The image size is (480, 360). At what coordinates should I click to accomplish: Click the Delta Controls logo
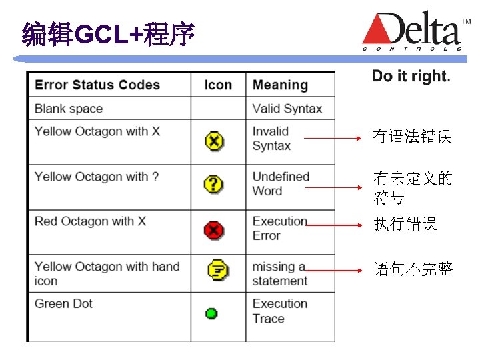[x=412, y=32]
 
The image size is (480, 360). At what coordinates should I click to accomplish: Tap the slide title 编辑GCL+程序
[x=108, y=34]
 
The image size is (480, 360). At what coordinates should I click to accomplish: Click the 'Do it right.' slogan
[x=411, y=76]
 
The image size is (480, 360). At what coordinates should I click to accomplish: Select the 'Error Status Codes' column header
[x=97, y=85]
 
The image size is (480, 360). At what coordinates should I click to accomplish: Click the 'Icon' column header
[x=218, y=85]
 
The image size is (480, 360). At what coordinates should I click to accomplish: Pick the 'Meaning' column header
[x=280, y=85]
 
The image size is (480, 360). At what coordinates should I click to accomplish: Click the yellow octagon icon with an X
[x=214, y=141]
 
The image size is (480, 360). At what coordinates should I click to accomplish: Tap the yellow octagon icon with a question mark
[x=213, y=185]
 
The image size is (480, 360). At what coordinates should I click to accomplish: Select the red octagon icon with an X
[x=213, y=231]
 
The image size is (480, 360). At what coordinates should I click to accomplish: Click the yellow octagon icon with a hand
[x=217, y=270]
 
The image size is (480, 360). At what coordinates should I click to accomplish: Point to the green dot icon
[x=211, y=313]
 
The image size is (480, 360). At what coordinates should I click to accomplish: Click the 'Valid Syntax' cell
[x=287, y=109]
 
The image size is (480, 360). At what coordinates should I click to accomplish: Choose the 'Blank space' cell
[x=69, y=109]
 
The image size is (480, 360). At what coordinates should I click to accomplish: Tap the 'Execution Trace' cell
[x=279, y=311]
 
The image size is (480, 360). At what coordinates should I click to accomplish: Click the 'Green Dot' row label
[x=63, y=303]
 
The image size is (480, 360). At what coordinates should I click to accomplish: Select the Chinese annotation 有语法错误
[x=412, y=137]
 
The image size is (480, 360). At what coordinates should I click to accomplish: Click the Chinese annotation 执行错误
[x=405, y=224]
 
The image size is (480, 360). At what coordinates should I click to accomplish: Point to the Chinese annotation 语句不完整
[x=413, y=269]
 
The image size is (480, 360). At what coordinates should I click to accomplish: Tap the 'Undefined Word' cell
[x=281, y=183]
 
